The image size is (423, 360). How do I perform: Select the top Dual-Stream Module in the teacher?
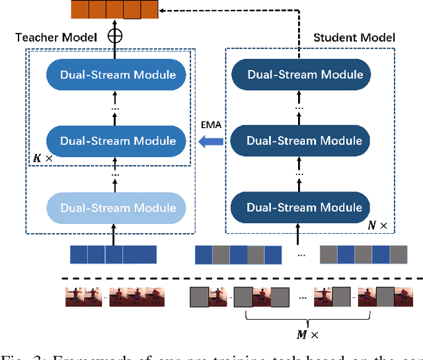click(118, 73)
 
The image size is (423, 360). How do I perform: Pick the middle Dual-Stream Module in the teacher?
click(118, 140)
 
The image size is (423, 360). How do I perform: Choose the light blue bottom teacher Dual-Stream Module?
click(118, 207)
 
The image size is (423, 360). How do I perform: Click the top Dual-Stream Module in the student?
click(305, 73)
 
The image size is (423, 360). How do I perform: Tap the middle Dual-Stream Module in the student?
click(305, 140)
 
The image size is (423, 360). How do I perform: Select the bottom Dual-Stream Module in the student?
click(305, 207)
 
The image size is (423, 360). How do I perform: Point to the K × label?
click(42, 159)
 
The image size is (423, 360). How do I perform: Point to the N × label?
click(377, 225)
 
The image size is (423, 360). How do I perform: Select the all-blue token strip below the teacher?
click(113, 255)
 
